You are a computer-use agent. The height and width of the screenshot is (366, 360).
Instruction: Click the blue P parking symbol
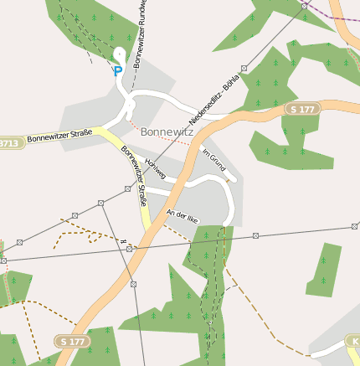(117, 72)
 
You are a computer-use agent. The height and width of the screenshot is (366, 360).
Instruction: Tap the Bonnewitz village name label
(167, 131)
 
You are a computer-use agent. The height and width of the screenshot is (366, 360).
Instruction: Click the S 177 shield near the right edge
(303, 110)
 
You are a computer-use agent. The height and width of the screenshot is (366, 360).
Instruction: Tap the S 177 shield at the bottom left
(73, 341)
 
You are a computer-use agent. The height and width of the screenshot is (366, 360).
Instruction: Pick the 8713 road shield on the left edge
(8, 143)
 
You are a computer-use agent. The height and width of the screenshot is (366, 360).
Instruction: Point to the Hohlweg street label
(156, 168)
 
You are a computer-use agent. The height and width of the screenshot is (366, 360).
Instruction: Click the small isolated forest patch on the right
(324, 270)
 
